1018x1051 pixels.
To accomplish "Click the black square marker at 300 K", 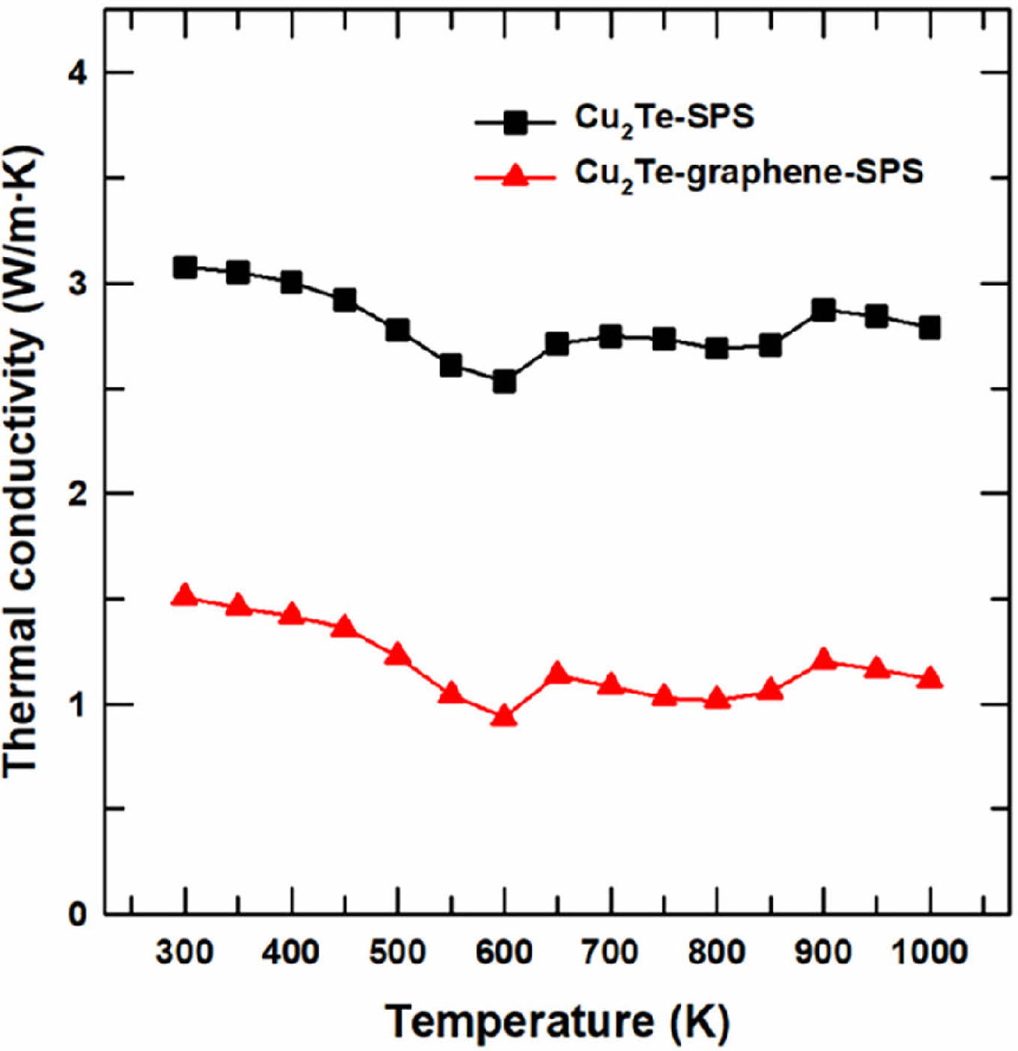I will coord(185,268).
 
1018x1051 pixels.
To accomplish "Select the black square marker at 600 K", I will coord(504,382).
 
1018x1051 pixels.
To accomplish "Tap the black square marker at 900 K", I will coord(823,310).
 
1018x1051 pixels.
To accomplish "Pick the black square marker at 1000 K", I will coord(930,328).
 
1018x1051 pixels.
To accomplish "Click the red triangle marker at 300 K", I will coord(185,596).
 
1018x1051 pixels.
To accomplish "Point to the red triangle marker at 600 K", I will coord(504,717).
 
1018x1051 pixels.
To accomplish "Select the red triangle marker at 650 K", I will coord(557,673).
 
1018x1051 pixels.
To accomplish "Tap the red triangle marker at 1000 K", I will coord(930,678).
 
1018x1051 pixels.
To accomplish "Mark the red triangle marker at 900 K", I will coord(823,660).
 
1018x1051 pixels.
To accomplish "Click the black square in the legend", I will coord(515,122).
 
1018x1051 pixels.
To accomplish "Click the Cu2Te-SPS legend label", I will coord(664,118).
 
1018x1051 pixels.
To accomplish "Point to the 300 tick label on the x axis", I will coord(185,953).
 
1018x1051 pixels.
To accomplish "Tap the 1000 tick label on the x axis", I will coord(930,953).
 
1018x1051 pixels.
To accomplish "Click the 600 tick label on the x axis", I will coord(504,953).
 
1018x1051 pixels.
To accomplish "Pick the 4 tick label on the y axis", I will coord(78,73).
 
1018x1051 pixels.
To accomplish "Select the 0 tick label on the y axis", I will coord(78,915).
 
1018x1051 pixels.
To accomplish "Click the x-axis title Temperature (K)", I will coord(557,1021).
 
